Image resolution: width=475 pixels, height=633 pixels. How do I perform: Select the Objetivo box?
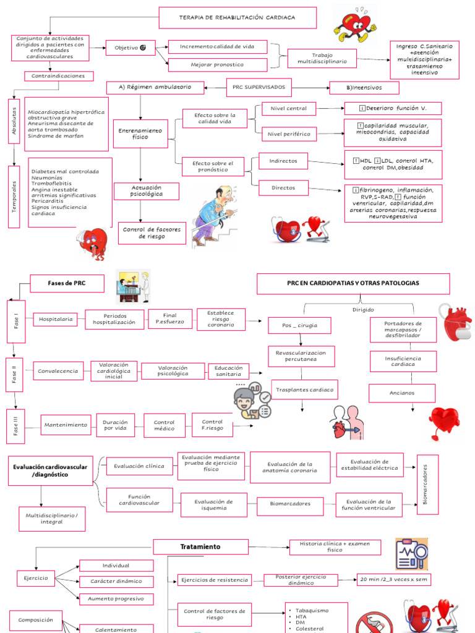pos(126,48)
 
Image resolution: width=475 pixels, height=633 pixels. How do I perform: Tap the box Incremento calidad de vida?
pos(218,47)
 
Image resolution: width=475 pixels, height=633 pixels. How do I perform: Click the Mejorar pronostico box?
pos(218,65)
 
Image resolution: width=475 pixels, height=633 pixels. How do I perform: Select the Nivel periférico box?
pos(289,134)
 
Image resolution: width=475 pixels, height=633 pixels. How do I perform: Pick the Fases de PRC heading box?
pos(67,283)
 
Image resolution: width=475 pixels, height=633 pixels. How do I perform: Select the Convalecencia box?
pos(58,371)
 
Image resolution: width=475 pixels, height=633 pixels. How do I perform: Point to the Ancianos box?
pos(402,393)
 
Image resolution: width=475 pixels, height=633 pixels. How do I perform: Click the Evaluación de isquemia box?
pos(213,504)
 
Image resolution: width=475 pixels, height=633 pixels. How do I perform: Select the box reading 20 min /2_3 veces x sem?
pos(394,579)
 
